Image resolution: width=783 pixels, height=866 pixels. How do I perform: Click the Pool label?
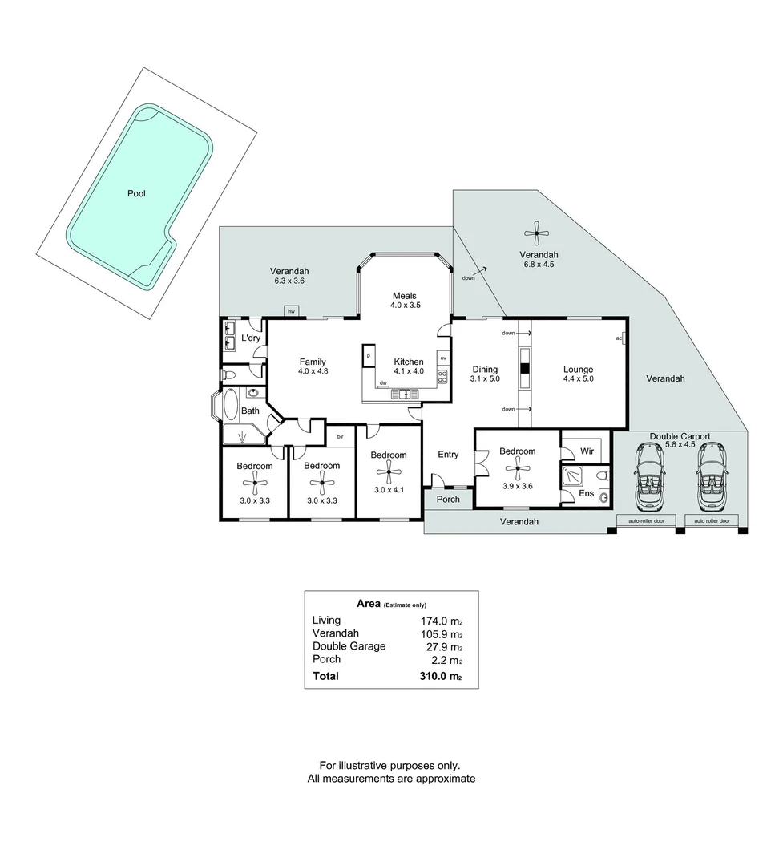(136, 193)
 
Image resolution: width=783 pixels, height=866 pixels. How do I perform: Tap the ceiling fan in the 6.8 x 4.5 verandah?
(538, 233)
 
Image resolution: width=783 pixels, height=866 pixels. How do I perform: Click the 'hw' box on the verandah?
(291, 311)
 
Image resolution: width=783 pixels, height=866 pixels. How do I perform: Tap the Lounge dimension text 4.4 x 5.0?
(578, 379)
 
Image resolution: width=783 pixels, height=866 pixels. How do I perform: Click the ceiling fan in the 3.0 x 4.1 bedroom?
(389, 470)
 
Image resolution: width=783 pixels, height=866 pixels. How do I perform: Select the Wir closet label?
(586, 451)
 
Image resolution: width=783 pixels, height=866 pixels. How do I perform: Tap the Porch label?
(448, 499)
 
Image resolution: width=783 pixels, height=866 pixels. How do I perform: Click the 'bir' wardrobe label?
(341, 436)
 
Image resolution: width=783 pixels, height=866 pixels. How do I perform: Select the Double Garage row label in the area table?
(349, 646)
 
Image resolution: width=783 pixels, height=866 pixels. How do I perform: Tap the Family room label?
(313, 362)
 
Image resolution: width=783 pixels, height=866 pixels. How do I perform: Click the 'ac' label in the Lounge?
(619, 338)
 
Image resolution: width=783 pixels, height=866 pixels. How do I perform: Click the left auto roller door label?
(648, 521)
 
